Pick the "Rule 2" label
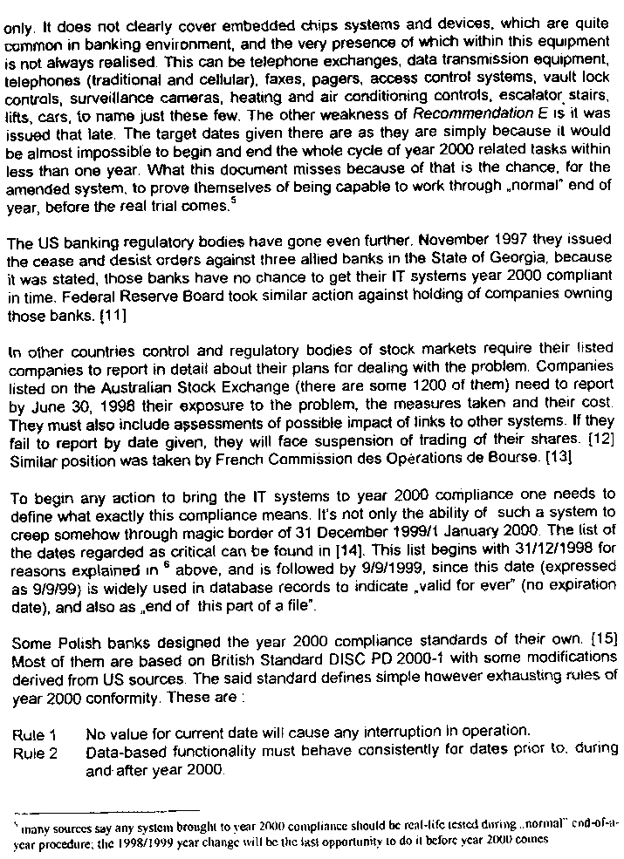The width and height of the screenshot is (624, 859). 35,752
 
